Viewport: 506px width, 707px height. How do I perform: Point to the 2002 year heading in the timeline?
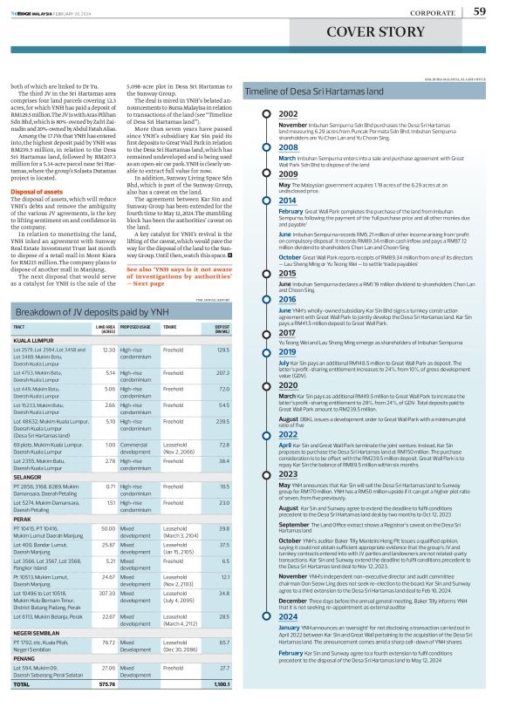[288, 114]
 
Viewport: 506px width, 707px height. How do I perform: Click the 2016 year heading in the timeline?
[288, 298]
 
